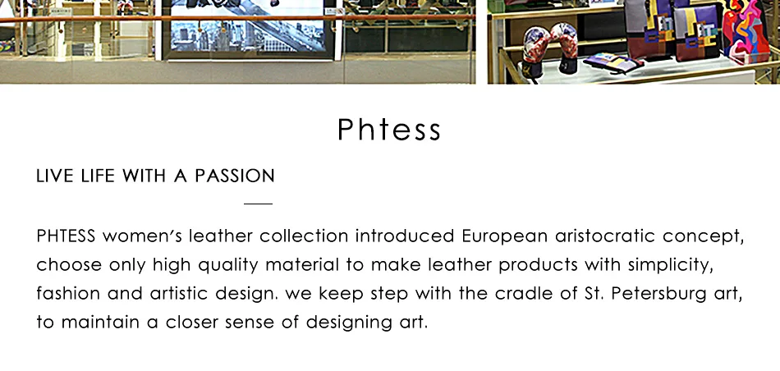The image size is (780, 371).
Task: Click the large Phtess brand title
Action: [389, 130]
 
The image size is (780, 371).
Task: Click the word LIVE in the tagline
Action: [51, 176]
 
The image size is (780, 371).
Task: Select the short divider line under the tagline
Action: [258, 203]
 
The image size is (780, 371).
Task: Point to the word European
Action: [504, 236]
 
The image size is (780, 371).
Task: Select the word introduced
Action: [405, 236]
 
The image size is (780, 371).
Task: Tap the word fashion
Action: [64, 293]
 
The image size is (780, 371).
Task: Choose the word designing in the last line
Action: [346, 322]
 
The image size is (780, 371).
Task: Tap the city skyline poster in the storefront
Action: [250, 33]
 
